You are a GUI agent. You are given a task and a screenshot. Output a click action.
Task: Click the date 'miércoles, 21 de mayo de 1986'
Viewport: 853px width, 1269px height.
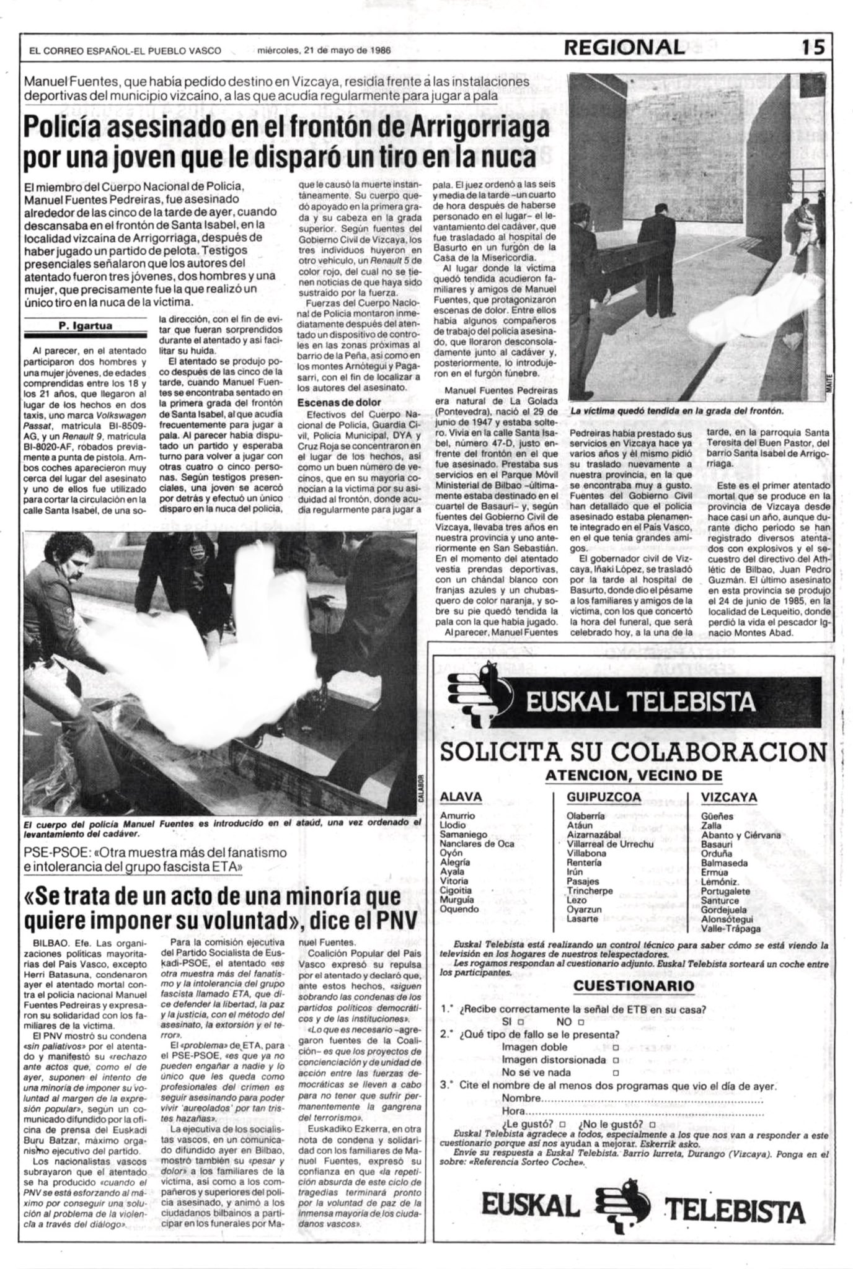pyautogui.click(x=323, y=51)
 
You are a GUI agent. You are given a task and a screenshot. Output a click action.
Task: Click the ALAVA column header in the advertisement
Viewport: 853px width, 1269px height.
pyautogui.click(x=461, y=796)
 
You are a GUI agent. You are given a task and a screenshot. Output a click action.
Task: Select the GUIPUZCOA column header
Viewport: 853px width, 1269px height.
pyautogui.click(x=604, y=796)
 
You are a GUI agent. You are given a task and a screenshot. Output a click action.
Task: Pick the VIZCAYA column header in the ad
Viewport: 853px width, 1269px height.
pyautogui.click(x=730, y=796)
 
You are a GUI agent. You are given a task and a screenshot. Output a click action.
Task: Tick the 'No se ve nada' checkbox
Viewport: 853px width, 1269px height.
pyautogui.click(x=615, y=1073)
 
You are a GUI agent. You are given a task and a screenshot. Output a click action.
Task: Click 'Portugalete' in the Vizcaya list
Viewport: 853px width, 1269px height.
pyautogui.click(x=725, y=891)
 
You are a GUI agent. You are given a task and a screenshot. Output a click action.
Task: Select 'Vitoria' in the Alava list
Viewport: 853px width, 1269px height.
pyautogui.click(x=454, y=881)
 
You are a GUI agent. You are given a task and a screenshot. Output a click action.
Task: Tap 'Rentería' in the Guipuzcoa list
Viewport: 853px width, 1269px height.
pyautogui.click(x=584, y=862)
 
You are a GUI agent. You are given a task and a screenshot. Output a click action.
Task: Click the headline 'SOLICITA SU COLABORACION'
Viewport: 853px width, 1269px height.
pyautogui.click(x=632, y=752)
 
